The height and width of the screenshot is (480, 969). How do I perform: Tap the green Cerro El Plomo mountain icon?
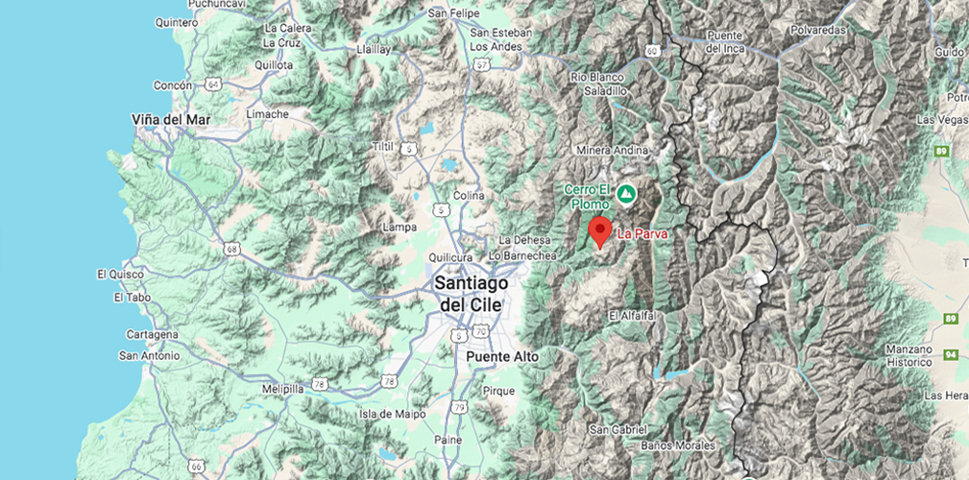(x=626, y=194)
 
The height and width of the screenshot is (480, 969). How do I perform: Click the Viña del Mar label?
(x=171, y=119)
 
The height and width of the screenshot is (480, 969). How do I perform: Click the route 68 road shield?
(x=231, y=250)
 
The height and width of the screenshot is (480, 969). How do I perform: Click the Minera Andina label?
(x=612, y=151)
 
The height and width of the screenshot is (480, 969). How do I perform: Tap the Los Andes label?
(x=497, y=46)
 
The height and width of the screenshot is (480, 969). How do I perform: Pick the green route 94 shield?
(x=952, y=355)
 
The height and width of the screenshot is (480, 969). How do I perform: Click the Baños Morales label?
(x=679, y=446)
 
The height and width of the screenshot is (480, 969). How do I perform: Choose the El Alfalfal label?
(x=632, y=315)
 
